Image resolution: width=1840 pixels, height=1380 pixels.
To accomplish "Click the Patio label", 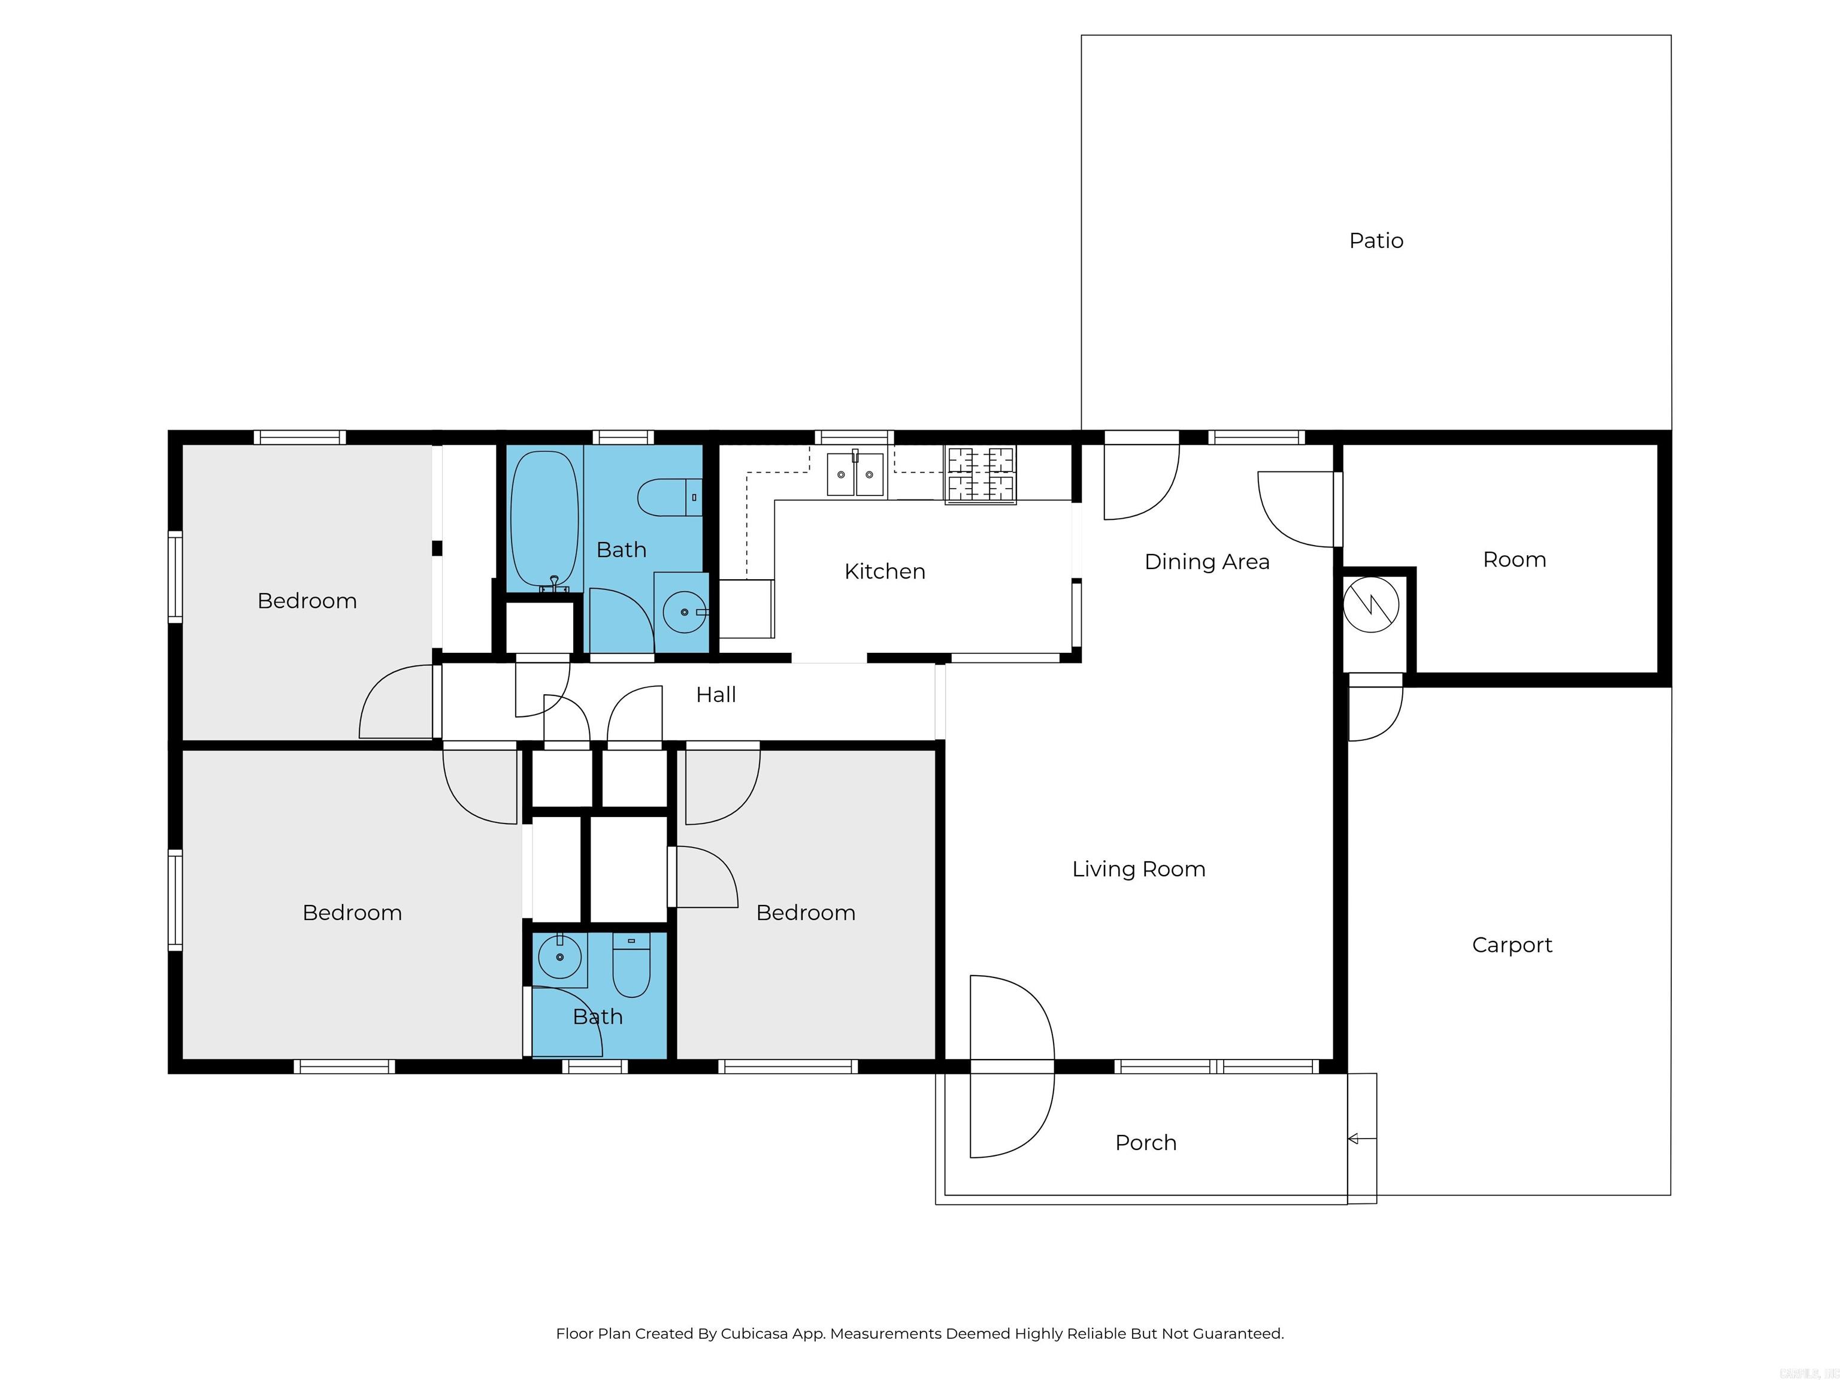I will pyautogui.click(x=1376, y=240).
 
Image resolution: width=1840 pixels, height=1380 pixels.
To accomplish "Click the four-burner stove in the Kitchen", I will pyautogui.click(x=980, y=475).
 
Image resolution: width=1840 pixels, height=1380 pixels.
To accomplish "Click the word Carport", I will pyautogui.click(x=1511, y=945).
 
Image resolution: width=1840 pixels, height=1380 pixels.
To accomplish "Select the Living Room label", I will pyautogui.click(x=1138, y=868).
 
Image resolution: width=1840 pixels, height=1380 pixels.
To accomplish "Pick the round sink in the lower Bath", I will pyautogui.click(x=560, y=957).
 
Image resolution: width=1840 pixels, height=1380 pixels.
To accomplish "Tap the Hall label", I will pyautogui.click(x=715, y=695).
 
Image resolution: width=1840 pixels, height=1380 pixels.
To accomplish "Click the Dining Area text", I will pyautogui.click(x=1206, y=561).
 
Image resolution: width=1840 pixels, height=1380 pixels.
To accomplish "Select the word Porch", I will pyautogui.click(x=1145, y=1142).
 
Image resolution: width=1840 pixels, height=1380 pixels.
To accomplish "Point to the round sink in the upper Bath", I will pyautogui.click(x=684, y=612).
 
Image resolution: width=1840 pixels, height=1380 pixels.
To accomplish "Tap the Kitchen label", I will pyautogui.click(x=884, y=571).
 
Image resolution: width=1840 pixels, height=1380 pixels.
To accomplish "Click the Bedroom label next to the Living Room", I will pyautogui.click(x=805, y=913).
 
